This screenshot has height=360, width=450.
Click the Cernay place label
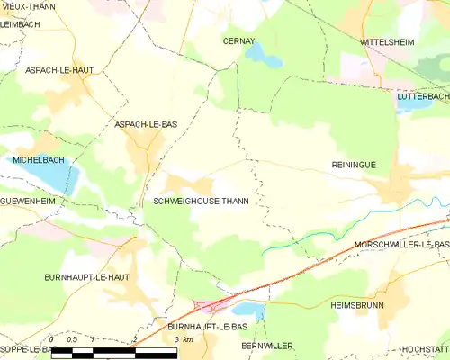[x=240, y=41]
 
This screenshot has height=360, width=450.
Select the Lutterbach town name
[x=423, y=93]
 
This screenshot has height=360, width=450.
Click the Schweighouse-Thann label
[x=202, y=202]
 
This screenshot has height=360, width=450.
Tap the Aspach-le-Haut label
[x=59, y=69]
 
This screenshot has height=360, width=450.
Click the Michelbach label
[x=36, y=159]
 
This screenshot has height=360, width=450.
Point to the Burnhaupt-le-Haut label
[x=88, y=278]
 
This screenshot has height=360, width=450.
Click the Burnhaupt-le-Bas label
[x=208, y=327]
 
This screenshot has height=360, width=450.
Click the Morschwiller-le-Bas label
[x=401, y=244]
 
